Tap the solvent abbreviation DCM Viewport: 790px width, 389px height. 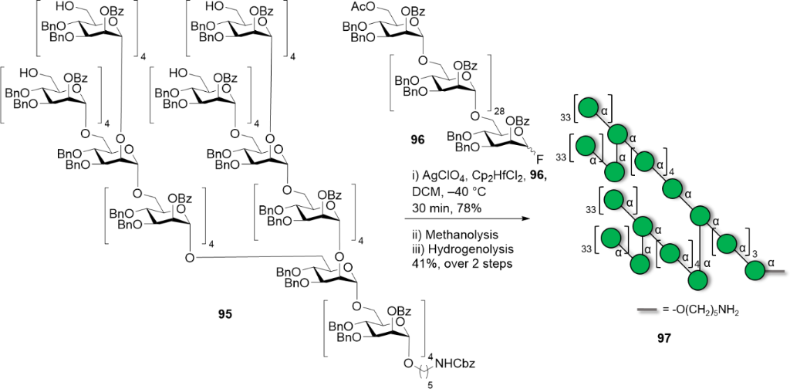(x=423, y=193)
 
